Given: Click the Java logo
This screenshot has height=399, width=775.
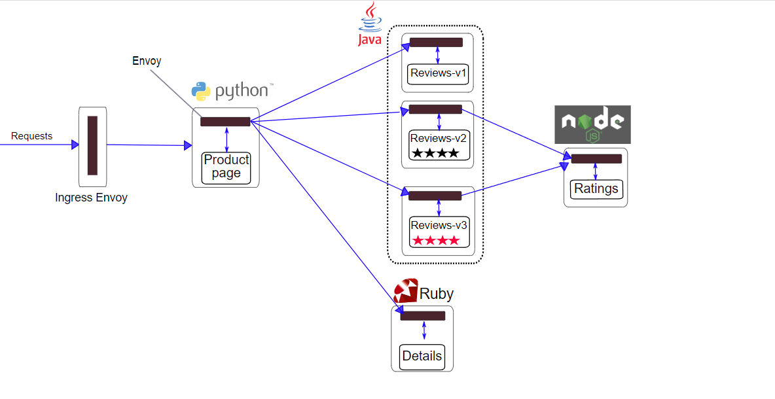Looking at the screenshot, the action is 370,24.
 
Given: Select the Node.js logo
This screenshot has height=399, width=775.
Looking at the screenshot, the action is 592,124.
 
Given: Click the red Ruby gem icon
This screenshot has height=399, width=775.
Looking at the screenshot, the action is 406,291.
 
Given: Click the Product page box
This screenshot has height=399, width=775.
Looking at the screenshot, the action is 226,168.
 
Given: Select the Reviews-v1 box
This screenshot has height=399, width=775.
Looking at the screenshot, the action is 438,74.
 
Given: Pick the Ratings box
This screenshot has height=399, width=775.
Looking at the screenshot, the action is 596,189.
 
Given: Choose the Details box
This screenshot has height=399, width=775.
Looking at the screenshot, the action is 422,356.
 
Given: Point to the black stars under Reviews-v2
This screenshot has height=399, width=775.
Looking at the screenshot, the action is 435,153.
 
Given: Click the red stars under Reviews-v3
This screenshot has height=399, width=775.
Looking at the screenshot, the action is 436,241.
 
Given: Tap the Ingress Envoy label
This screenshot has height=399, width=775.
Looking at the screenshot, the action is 92,198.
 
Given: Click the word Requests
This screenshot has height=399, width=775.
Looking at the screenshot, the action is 31,136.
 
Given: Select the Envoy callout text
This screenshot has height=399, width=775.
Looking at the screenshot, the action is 147,61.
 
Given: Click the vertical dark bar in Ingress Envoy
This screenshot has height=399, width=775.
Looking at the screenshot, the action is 92,146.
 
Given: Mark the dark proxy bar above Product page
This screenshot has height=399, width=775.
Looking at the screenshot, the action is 225,122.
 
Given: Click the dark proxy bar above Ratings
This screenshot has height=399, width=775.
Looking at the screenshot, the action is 596,159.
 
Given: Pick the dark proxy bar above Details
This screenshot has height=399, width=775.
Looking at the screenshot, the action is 423,315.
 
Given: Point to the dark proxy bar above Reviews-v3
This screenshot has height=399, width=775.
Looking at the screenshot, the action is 435,196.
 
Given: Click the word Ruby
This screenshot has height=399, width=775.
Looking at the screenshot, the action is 437,294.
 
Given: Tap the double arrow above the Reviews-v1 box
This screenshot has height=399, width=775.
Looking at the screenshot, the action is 437,56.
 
